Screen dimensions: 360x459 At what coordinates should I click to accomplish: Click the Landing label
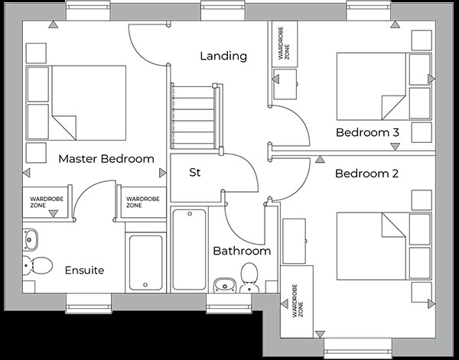click(x=223, y=56)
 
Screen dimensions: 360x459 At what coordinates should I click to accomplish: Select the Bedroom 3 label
click(x=368, y=133)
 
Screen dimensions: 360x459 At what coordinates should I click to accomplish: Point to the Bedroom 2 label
click(x=367, y=174)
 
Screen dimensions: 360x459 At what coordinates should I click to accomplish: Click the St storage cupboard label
click(x=195, y=173)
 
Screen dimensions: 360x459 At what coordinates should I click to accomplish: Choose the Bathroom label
click(x=242, y=251)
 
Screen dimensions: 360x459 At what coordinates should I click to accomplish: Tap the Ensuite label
click(x=84, y=271)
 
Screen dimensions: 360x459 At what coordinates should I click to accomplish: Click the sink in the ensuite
click(x=30, y=239)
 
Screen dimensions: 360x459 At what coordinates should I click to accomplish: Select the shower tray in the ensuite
click(x=145, y=262)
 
